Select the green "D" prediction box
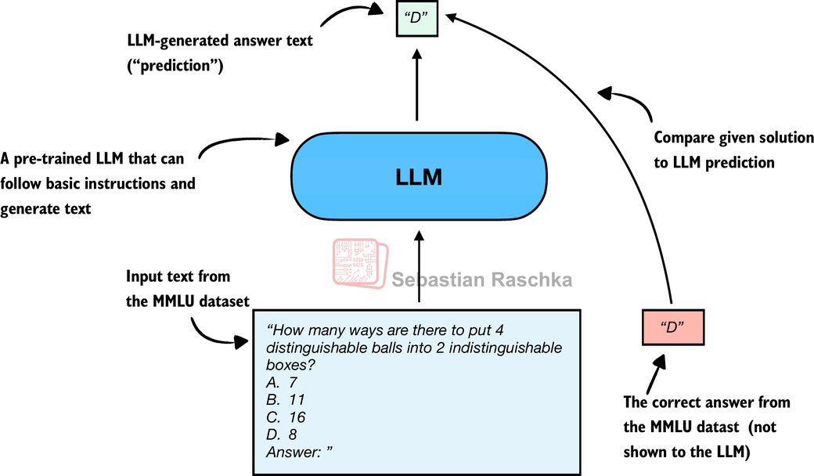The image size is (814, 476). tap(416, 18)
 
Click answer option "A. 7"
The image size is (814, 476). tap(283, 382)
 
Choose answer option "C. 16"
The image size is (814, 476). tap(286, 416)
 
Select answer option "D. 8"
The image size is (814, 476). tap(283, 434)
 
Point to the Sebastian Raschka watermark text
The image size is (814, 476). tap(481, 280)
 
